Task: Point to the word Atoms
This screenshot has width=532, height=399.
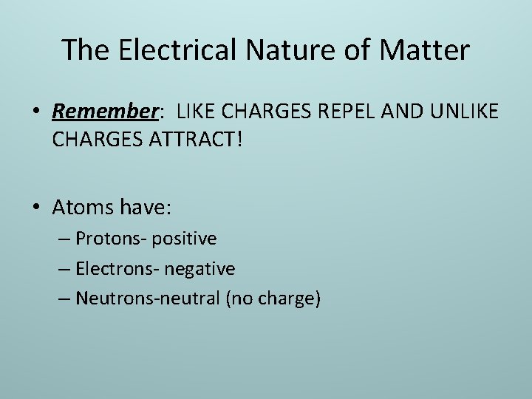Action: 80,207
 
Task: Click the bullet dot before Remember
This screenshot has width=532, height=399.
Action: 37,112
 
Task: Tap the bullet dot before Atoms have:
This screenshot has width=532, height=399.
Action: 37,208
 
